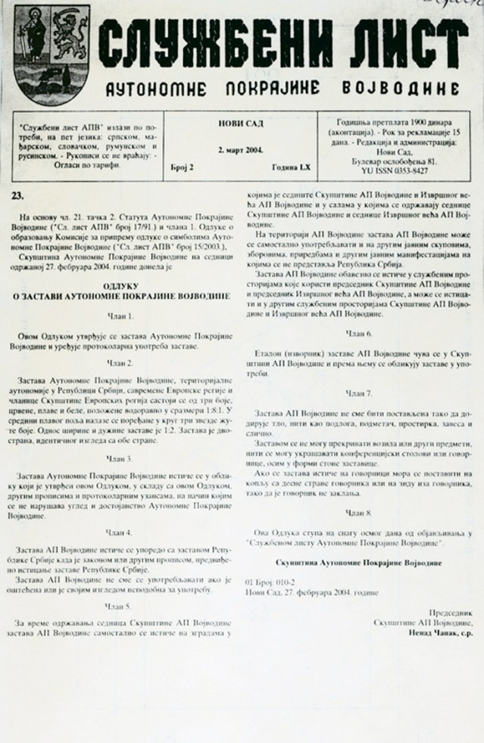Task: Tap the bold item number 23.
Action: [17, 195]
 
